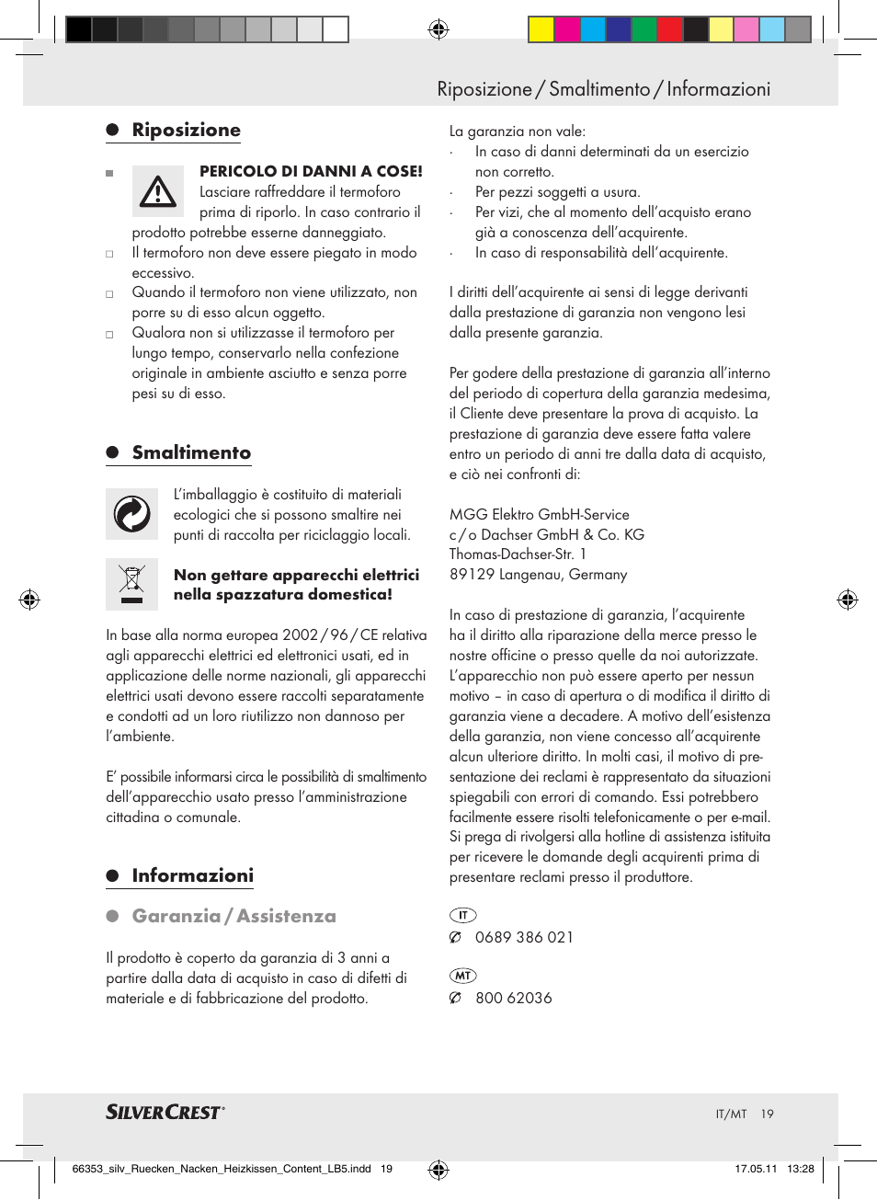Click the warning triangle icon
click(158, 191)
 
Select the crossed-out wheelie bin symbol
click(132, 583)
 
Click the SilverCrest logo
click(165, 1112)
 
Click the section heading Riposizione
click(186, 130)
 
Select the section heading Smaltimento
click(191, 452)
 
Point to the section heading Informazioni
click(192, 875)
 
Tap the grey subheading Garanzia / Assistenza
click(233, 916)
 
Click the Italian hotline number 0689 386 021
click(524, 937)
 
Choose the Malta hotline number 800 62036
click(513, 998)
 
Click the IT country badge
click(462, 915)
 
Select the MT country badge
click(462, 976)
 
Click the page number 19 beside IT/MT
click(767, 1114)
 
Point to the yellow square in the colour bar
click(541, 30)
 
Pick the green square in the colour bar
click(644, 30)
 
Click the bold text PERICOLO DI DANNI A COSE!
click(311, 171)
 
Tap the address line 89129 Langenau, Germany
click(538, 574)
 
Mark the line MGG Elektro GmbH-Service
click(539, 514)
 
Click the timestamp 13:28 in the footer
click(800, 1169)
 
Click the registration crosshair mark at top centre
click(438, 29)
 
